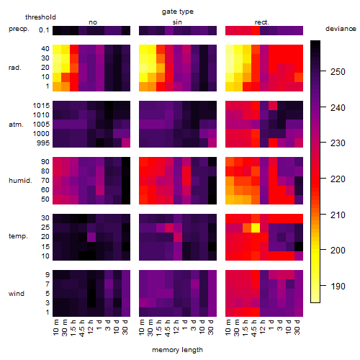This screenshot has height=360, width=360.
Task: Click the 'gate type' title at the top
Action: pyautogui.click(x=178, y=12)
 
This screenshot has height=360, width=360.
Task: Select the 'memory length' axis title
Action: pyautogui.click(x=177, y=350)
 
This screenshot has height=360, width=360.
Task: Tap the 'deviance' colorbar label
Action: pyautogui.click(x=341, y=29)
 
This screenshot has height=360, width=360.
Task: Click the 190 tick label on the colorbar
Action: pyautogui.click(x=338, y=286)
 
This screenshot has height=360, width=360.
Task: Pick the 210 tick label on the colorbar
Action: pyautogui.click(x=338, y=215)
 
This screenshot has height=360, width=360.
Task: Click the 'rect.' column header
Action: pyautogui.click(x=262, y=22)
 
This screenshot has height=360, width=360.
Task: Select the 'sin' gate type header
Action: pyautogui.click(x=177, y=22)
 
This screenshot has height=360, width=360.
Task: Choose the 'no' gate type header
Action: pyautogui.click(x=93, y=22)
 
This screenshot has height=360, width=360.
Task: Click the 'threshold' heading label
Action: pyautogui.click(x=40, y=17)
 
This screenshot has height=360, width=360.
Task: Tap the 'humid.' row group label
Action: pyautogui.click(x=20, y=181)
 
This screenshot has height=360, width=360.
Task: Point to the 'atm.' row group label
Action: pyautogui.click(x=16, y=125)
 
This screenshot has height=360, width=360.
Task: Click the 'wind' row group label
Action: pyautogui.click(x=17, y=294)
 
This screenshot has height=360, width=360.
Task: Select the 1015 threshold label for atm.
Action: pyautogui.click(x=41, y=106)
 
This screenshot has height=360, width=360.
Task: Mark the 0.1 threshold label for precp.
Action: pyautogui.click(x=44, y=30)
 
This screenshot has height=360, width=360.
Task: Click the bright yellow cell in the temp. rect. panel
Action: pyautogui.click(x=256, y=228)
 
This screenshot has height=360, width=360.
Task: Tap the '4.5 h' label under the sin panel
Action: pyautogui.click(x=168, y=328)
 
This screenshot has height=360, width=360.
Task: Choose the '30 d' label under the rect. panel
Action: pyautogui.click(x=297, y=327)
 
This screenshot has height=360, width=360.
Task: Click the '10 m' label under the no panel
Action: pyautogui.click(x=55, y=327)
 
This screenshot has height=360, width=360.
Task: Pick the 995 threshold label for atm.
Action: pyautogui.click(x=43, y=143)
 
